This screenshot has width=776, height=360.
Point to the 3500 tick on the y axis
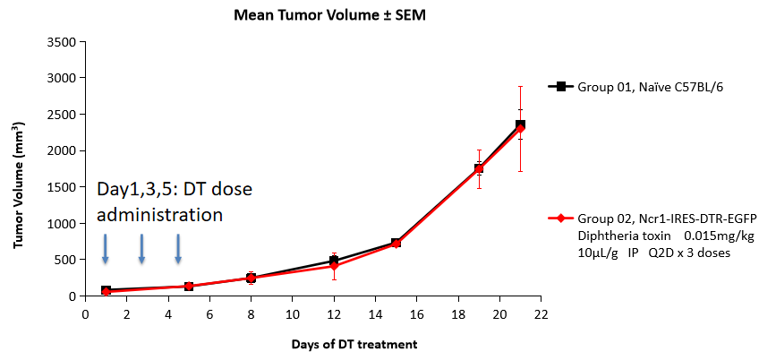coord(61,42)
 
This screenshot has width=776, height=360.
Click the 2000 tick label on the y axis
coord(61,150)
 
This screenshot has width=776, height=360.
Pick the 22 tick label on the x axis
coord(540,314)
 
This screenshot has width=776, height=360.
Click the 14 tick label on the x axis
coord(375,314)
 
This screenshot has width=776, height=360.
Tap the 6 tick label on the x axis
coord(209,314)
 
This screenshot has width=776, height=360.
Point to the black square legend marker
coord(561,87)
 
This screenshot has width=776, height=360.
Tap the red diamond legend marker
coord(561,218)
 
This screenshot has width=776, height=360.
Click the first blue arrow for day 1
coord(106,248)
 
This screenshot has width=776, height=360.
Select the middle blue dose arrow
coord(141,248)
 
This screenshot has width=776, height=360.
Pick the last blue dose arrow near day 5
coord(178,248)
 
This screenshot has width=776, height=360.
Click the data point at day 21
coord(519,126)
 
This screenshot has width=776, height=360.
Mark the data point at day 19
coord(479,168)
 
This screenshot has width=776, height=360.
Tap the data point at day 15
coord(396,243)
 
